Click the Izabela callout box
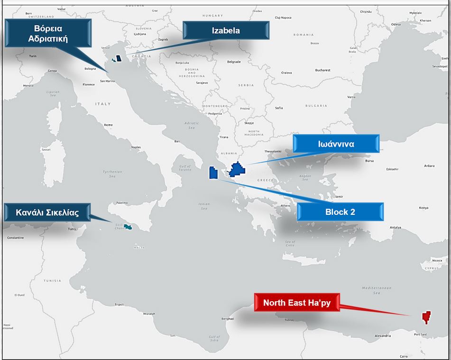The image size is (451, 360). click(x=226, y=30)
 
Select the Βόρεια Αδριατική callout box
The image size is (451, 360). click(x=48, y=33)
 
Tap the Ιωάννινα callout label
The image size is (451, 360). click(x=336, y=144)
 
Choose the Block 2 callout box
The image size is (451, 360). click(x=340, y=212)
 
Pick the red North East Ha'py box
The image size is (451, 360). click(x=296, y=303)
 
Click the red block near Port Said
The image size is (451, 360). click(x=425, y=317)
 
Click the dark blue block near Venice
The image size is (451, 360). click(x=119, y=58)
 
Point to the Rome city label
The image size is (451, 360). click(x=109, y=125)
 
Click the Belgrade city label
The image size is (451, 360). click(x=234, y=62)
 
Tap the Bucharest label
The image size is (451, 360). click(x=322, y=70)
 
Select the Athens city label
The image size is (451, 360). click(x=285, y=205)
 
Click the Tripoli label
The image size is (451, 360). click(x=119, y=305)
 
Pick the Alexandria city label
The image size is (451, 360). click(x=382, y=336)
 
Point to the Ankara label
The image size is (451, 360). click(x=429, y=166)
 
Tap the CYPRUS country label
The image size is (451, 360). click(x=433, y=268)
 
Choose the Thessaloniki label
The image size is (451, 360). click(x=273, y=151)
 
